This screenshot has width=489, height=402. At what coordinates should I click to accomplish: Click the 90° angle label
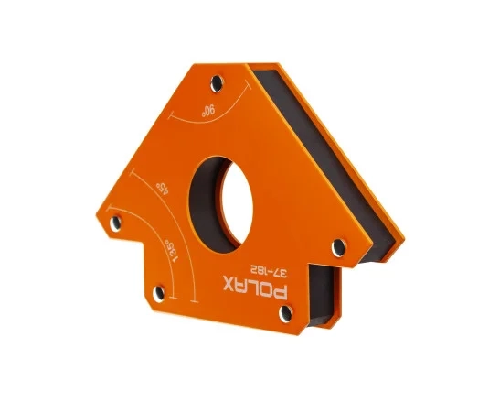pos(208,111)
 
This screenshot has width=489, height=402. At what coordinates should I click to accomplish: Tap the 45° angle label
pos(163,188)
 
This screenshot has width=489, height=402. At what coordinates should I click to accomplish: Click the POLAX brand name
pos(255,287)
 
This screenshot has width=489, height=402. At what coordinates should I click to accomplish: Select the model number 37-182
pos(269,271)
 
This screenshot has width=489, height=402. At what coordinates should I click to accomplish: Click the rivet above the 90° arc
pos(217,83)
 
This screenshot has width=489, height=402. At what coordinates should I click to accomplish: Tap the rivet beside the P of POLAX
pos(286,313)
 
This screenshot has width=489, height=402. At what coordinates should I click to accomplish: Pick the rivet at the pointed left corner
pos(115,223)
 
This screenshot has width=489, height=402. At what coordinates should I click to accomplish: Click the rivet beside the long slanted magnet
pos(339,247)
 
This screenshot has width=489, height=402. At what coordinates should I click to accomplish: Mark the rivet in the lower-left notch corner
pos(159,294)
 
